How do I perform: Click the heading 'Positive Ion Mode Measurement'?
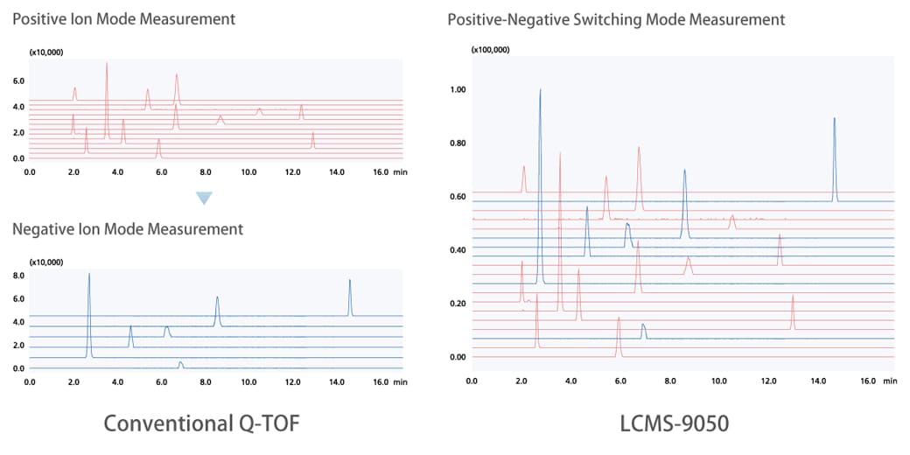pyautogui.click(x=124, y=18)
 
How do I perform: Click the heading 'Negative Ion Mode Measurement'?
pyautogui.click(x=128, y=229)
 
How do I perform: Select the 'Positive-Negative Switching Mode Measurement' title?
pyautogui.click(x=616, y=19)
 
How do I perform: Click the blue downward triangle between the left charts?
pyautogui.click(x=204, y=199)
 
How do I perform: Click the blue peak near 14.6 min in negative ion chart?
pyautogui.click(x=350, y=283)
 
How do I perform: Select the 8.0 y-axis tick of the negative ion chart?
pyautogui.click(x=19, y=276)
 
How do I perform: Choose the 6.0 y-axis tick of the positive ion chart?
pyautogui.click(x=19, y=81)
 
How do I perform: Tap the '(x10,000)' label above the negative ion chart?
pyautogui.click(x=46, y=262)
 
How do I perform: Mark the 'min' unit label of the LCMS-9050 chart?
pyautogui.click(x=890, y=381)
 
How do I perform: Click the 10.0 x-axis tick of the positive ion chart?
pyautogui.click(x=249, y=172)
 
